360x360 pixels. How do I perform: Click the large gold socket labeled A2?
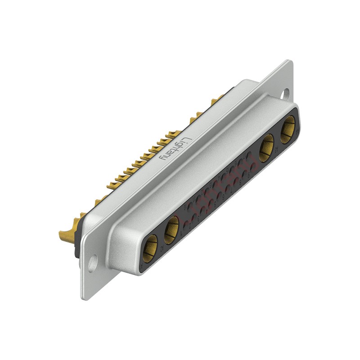click(171, 229)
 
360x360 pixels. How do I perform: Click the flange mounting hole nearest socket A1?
click(92, 263)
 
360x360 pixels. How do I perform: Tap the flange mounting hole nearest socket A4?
click(285, 94)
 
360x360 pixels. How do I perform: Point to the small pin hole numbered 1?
click(187, 224)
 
